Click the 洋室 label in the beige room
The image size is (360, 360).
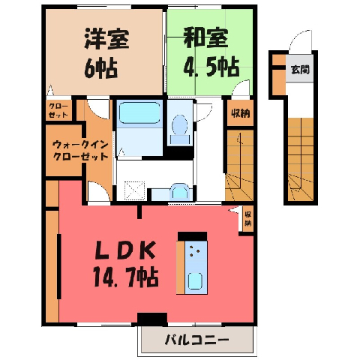(107, 39)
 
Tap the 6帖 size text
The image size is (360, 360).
(100, 68)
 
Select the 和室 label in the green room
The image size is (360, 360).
(205, 38)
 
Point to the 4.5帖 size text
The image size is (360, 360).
(211, 67)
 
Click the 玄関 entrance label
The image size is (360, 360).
(300, 69)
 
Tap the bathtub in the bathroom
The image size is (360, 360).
(139, 112)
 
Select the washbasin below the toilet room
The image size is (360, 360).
(180, 191)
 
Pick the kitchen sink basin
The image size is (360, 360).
(195, 281)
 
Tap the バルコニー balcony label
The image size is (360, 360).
(196, 340)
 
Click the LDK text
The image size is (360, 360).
(125, 250)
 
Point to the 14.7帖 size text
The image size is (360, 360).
(126, 277)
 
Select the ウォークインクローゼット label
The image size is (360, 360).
(80, 151)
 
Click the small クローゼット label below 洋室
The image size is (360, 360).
(58, 110)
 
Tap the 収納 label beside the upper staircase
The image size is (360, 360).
(240, 114)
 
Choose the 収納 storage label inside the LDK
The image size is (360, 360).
(247, 219)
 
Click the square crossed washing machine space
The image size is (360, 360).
(135, 190)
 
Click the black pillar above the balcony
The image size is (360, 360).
(152, 319)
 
